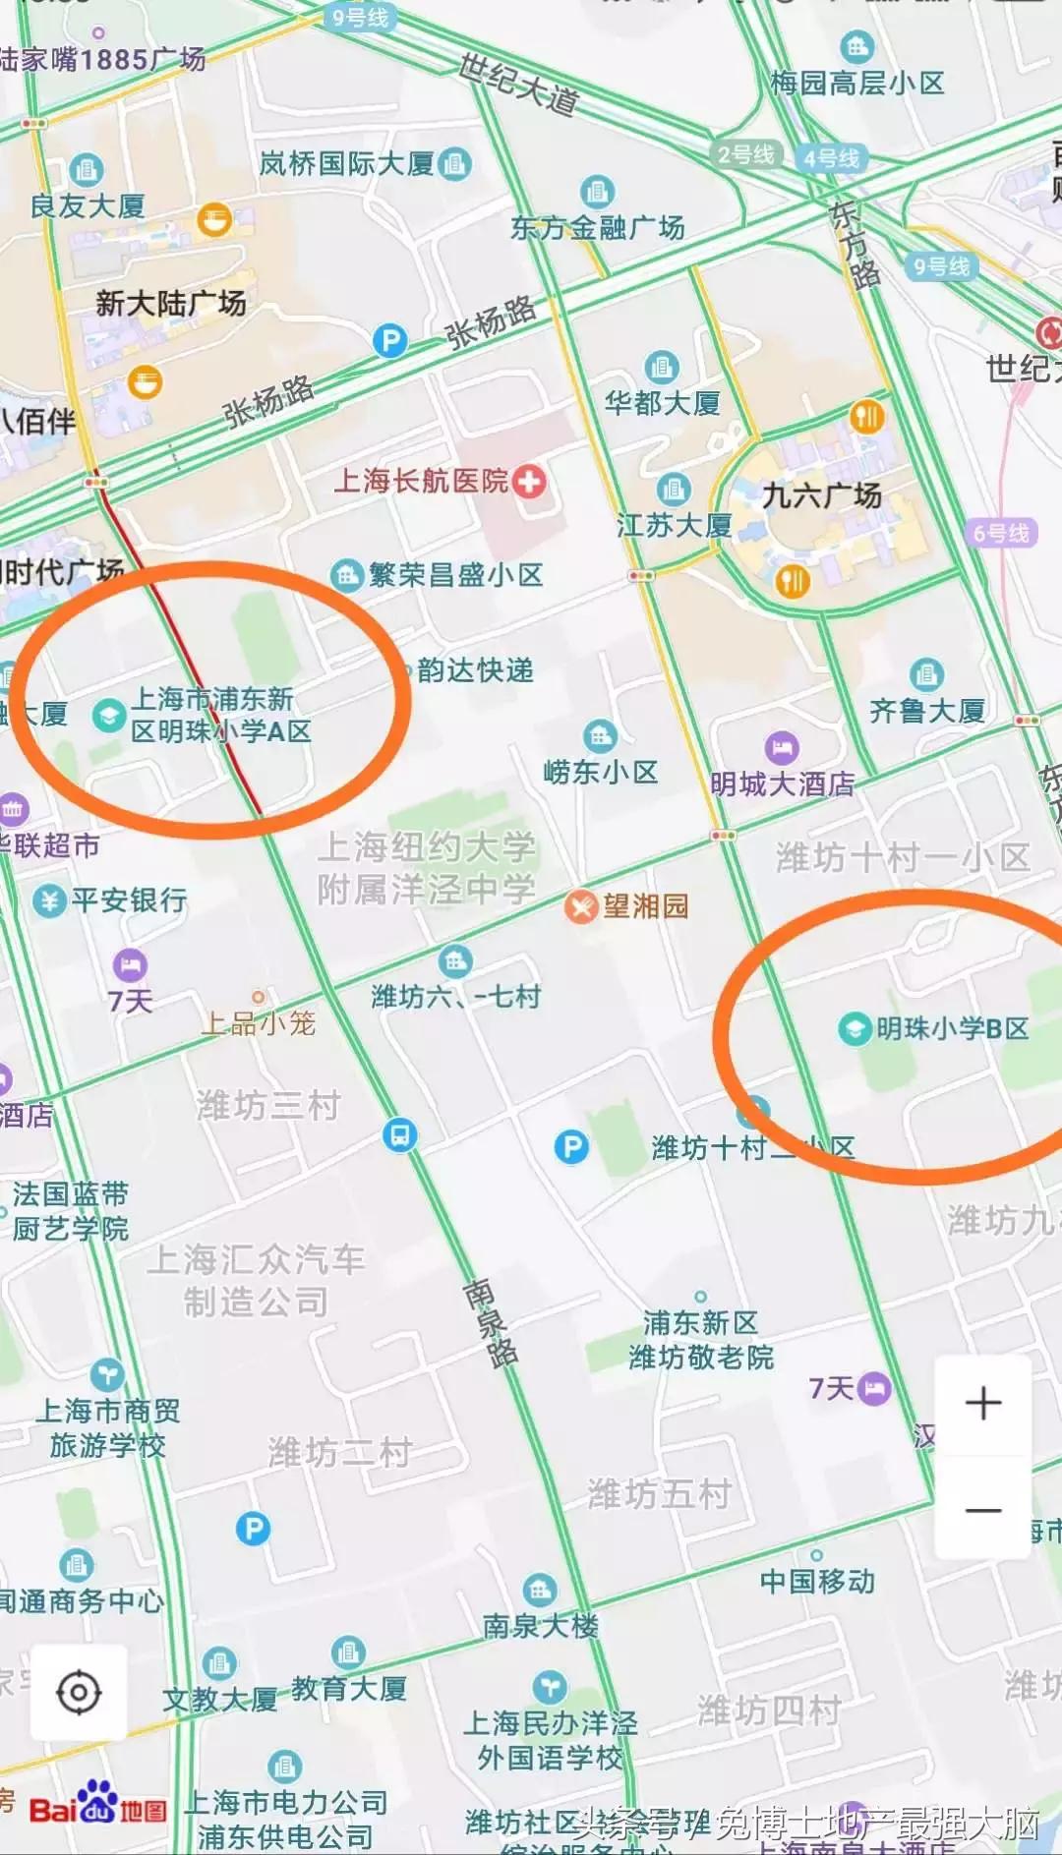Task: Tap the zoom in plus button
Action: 982,1403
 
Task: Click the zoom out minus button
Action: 982,1509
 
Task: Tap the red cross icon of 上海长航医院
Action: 529,482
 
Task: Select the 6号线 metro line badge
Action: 1000,533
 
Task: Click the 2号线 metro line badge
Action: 745,154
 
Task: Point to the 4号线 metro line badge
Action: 831,158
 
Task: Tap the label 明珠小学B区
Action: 952,1028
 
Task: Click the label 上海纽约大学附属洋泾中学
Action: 426,867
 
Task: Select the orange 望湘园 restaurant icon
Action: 581,906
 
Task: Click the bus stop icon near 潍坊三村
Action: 399,1135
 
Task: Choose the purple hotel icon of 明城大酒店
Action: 782,748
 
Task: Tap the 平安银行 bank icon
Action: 48,899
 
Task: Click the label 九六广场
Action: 822,495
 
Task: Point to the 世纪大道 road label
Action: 518,85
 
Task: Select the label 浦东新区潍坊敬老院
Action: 701,1340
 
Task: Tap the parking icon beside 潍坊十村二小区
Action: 571,1146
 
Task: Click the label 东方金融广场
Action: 597,228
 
